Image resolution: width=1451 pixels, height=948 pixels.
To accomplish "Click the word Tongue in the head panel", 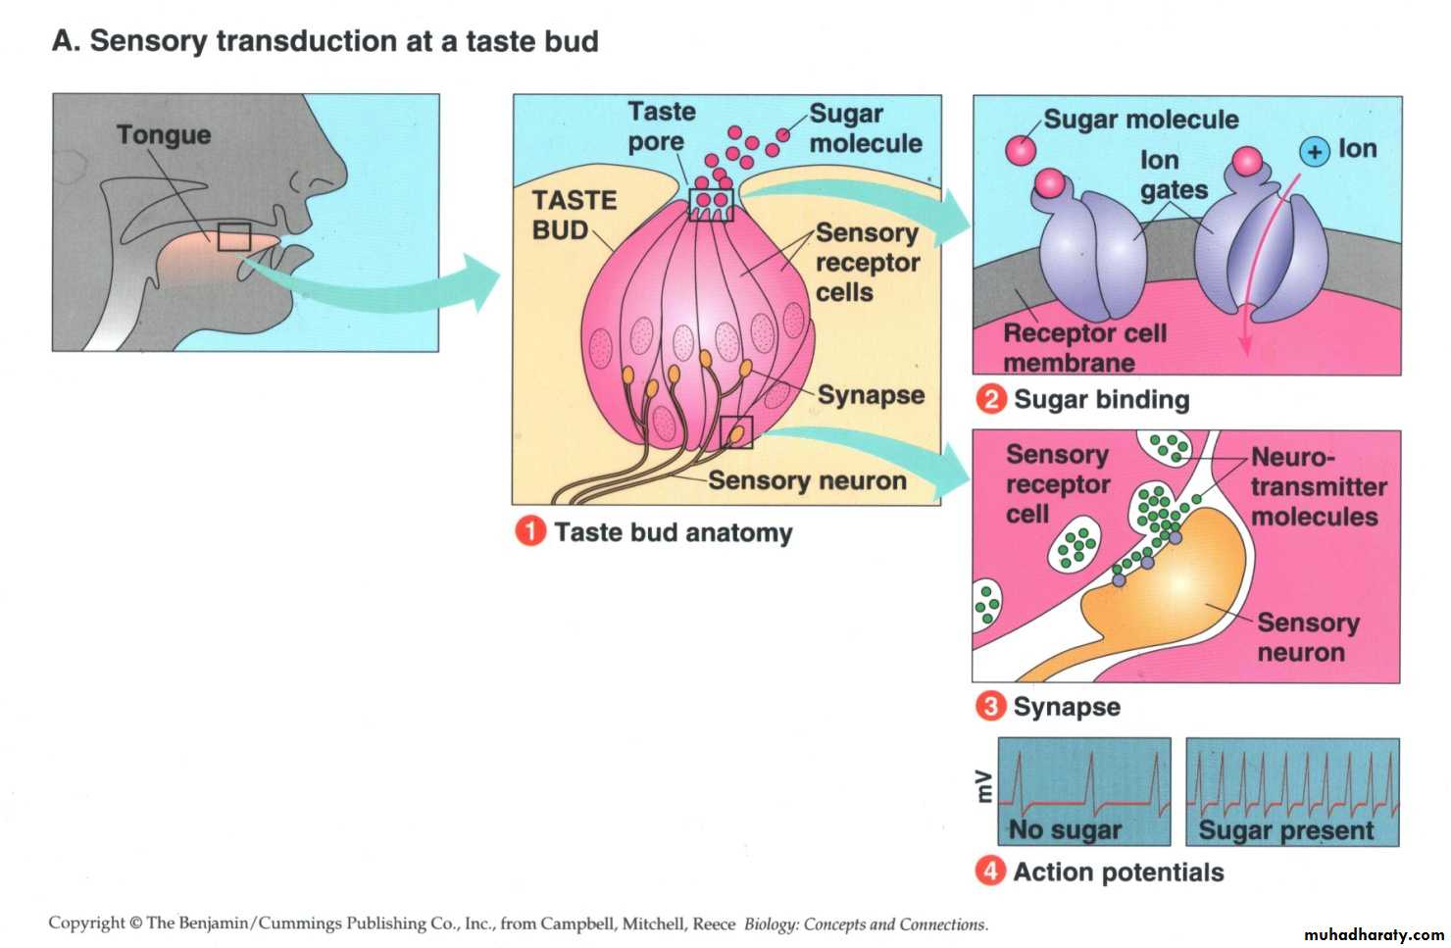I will (x=164, y=134).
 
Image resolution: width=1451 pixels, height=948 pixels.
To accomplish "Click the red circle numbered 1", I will (x=530, y=531).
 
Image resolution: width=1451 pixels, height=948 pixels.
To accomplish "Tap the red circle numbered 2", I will (x=991, y=399).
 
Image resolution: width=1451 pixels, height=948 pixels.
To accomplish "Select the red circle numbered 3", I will (x=990, y=706).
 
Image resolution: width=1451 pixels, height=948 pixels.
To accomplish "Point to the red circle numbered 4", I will (x=990, y=871).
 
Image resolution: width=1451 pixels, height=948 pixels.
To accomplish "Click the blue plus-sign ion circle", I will (x=1314, y=151).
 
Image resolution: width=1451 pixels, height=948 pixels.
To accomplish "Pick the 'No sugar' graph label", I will (x=1065, y=829).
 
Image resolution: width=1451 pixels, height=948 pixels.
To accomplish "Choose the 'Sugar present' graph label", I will (x=1286, y=830).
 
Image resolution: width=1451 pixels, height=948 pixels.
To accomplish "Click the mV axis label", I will (x=983, y=786).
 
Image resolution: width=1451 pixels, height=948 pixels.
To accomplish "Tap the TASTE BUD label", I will (x=574, y=215).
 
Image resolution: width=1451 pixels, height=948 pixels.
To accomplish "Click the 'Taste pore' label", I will (x=660, y=126).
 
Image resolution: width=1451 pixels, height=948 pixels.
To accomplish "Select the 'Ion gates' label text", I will (x=1173, y=175).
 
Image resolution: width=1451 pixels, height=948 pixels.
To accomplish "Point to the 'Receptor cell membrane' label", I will (x=1083, y=348).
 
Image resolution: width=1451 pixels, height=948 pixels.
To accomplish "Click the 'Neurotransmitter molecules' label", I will (x=1318, y=486).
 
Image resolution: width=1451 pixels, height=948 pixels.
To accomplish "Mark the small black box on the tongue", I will (x=234, y=237).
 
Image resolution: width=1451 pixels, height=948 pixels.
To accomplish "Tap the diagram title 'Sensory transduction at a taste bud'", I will (x=325, y=41).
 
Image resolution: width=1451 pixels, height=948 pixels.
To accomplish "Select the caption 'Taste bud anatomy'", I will (x=673, y=532).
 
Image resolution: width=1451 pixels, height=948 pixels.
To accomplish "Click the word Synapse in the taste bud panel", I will (x=871, y=395).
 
